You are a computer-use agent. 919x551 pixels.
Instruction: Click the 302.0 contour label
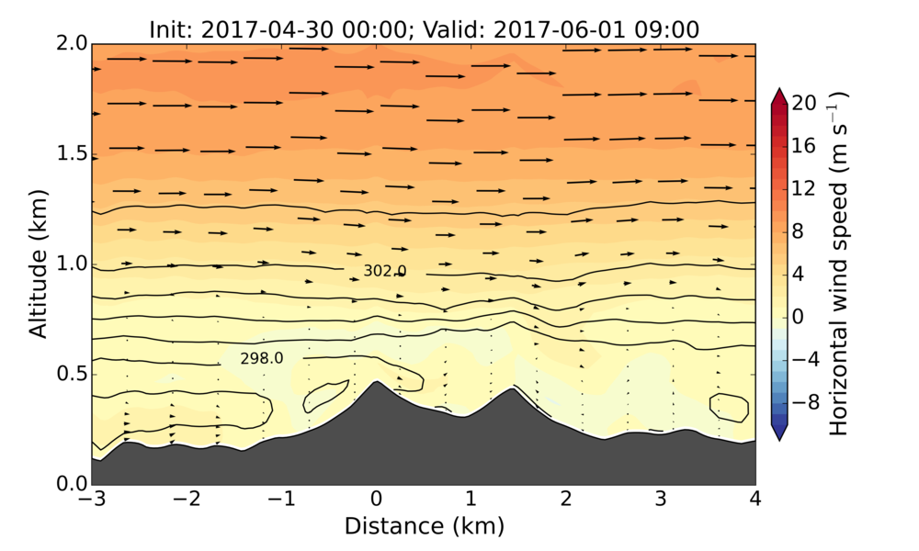(385, 271)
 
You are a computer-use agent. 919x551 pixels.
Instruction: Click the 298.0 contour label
(262, 358)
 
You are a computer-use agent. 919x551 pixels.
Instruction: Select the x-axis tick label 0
(375, 500)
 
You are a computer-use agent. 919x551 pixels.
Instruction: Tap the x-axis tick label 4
(755, 500)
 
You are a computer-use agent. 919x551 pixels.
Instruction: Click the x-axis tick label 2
(565, 500)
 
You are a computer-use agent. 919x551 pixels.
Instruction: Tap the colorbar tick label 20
(804, 104)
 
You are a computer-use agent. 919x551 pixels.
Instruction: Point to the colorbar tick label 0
(799, 316)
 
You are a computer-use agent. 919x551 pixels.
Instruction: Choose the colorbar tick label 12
(804, 188)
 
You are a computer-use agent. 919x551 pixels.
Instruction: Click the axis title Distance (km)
(424, 526)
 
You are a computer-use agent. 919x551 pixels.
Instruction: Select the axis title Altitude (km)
(38, 264)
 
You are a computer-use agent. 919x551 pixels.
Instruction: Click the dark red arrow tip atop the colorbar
(777, 93)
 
